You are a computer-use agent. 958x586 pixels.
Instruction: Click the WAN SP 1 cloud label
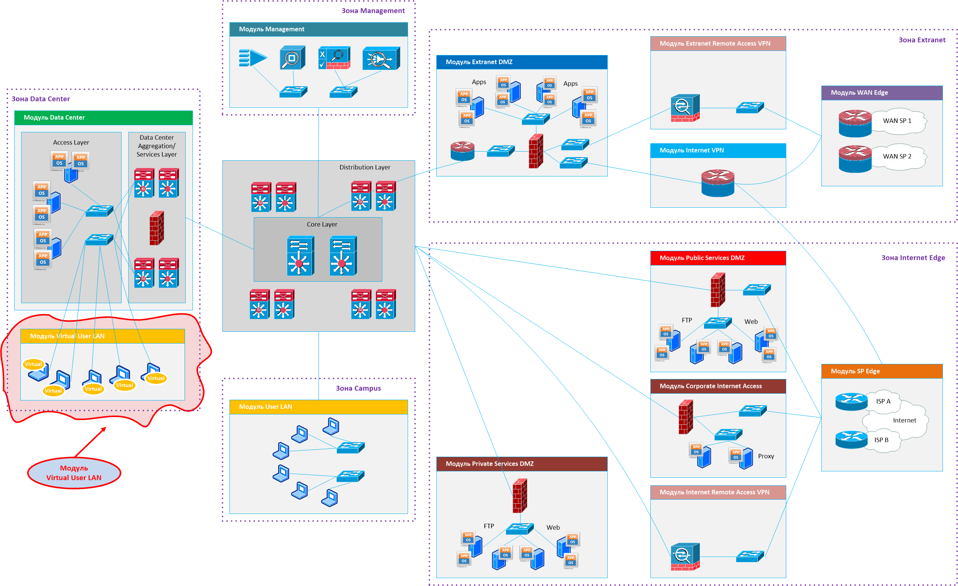click(x=896, y=121)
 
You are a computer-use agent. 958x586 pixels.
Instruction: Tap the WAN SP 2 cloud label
click(x=896, y=156)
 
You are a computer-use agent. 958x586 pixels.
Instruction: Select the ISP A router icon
click(x=851, y=402)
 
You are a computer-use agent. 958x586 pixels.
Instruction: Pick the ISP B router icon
click(x=851, y=440)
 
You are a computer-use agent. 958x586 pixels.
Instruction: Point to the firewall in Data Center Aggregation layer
click(x=157, y=228)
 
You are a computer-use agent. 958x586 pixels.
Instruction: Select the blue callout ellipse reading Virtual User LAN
click(x=74, y=472)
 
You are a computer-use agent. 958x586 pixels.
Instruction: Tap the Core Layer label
click(x=322, y=224)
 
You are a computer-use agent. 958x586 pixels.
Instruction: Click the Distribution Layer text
click(x=365, y=167)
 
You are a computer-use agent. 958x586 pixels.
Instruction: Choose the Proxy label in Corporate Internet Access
click(x=765, y=456)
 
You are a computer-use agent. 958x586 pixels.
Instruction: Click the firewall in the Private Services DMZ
click(x=520, y=495)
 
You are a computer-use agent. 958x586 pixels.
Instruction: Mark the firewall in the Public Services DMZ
click(x=718, y=290)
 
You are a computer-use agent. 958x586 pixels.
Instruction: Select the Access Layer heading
click(x=71, y=143)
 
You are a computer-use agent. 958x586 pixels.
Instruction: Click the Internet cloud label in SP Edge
click(x=904, y=420)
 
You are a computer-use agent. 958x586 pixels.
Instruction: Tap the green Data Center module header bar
click(x=103, y=118)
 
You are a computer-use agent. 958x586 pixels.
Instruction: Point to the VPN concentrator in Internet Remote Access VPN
click(x=685, y=557)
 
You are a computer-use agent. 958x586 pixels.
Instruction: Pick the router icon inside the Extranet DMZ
click(x=462, y=151)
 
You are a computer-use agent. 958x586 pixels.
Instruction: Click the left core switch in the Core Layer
click(x=300, y=256)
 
